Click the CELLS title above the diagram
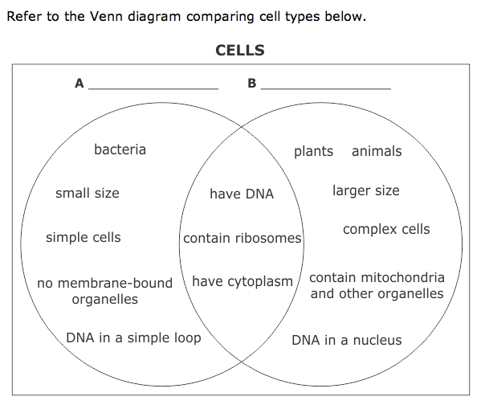tap(240, 51)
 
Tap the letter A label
tap(79, 84)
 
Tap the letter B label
tap(252, 84)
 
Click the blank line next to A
tap(153, 88)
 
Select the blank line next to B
tap(326, 88)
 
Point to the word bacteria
tap(120, 149)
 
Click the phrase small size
tap(87, 193)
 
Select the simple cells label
tap(83, 238)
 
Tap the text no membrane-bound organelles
tap(104, 291)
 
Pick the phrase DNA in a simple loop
tap(133, 337)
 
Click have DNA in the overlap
tap(242, 194)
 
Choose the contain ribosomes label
tap(243, 239)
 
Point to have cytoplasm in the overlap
tap(243, 282)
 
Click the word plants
tap(313, 151)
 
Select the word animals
tap(377, 151)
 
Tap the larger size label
tap(365, 190)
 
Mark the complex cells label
tap(386, 229)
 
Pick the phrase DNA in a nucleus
tap(346, 340)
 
